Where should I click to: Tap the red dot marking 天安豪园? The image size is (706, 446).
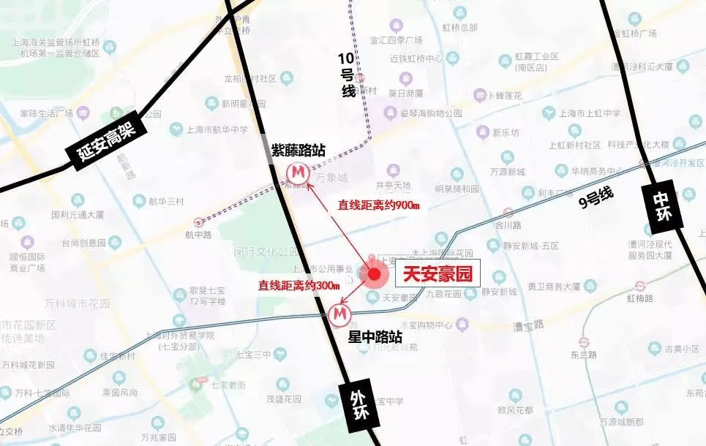pos(375,275)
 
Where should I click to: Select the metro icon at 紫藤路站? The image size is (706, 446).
pos(297,173)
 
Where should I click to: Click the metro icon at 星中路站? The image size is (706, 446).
pos(339,315)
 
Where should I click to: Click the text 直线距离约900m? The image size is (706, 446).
pos(378,205)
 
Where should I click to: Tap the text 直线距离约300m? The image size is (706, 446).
pos(300,285)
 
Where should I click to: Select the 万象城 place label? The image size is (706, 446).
pos(333,178)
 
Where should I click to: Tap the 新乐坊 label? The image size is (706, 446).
pos(506,133)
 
